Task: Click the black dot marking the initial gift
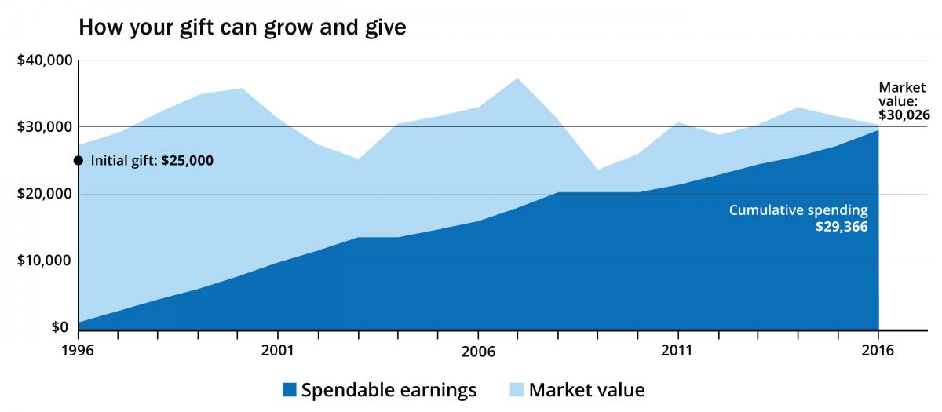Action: click(78, 161)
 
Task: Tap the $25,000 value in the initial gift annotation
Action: click(187, 161)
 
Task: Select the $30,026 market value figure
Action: click(904, 115)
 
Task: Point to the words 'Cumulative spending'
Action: click(798, 210)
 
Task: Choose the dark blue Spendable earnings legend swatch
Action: click(288, 389)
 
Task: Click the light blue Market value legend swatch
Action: click(516, 389)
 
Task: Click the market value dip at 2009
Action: click(598, 170)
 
